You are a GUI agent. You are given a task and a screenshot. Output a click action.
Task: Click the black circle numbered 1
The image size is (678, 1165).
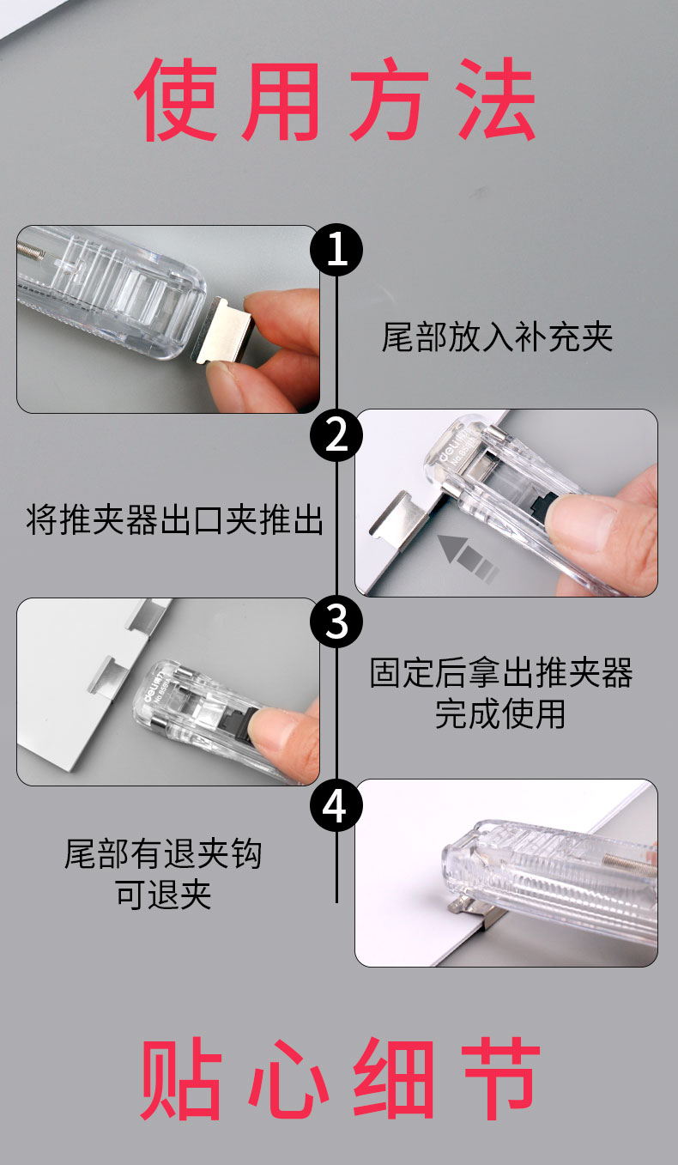coord(336,250)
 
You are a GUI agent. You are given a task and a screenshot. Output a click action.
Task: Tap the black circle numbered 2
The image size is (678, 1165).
coord(336,435)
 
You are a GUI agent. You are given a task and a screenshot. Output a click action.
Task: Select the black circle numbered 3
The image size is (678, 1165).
coord(336,622)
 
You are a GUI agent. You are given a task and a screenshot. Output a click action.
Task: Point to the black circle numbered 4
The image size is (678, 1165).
coord(336,806)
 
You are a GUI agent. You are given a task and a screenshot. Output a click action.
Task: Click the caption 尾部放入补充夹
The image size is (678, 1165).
coord(497,337)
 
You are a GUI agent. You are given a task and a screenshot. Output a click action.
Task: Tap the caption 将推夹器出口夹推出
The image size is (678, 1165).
coord(175,519)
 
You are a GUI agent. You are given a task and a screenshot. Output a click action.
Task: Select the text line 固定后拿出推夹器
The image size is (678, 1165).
coord(501,672)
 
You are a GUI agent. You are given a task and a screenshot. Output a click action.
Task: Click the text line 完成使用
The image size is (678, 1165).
coord(500,713)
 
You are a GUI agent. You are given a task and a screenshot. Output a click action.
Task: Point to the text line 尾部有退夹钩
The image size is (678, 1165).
coord(163,853)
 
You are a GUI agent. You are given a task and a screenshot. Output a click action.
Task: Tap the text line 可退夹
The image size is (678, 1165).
coord(163,895)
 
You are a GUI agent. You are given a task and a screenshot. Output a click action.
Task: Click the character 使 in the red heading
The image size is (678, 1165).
coord(176,100)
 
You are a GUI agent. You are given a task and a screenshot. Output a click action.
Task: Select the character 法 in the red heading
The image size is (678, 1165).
coord(497,100)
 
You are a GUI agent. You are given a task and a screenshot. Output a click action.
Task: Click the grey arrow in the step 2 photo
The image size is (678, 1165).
coord(468,557)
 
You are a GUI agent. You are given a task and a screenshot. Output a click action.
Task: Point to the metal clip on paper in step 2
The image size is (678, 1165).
coord(395,520)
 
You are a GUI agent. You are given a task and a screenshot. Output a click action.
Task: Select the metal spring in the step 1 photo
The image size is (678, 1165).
coord(31,250)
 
